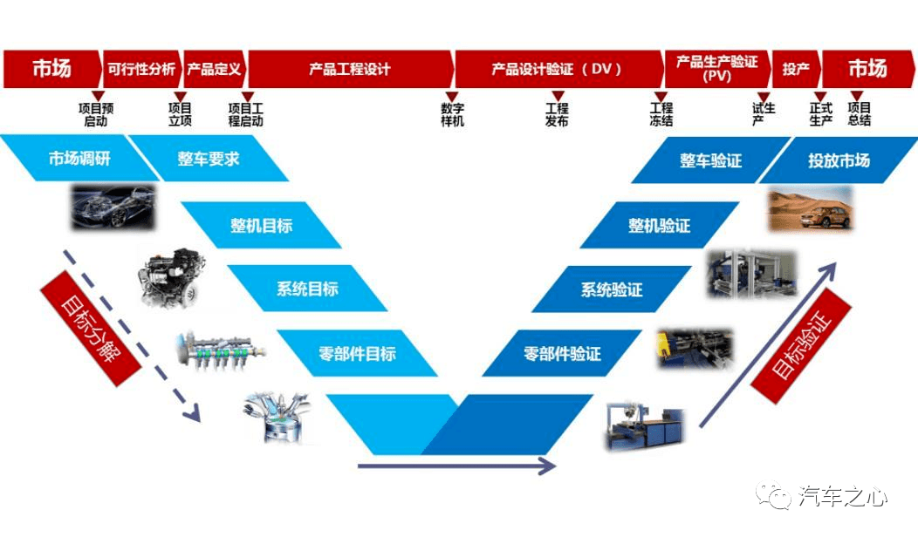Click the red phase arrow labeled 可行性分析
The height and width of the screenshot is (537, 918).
[x=142, y=69]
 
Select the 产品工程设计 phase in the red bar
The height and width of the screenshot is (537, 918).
[x=350, y=69]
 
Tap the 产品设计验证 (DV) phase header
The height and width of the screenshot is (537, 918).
[x=558, y=69]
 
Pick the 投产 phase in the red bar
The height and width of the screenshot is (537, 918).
[x=796, y=69]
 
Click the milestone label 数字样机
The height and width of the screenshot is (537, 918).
[x=452, y=115]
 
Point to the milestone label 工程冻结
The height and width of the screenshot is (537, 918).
[x=661, y=115]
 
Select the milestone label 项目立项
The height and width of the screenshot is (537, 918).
[x=180, y=115]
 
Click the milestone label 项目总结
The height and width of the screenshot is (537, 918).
[x=859, y=115]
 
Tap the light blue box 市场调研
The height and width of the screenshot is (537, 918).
[x=79, y=158]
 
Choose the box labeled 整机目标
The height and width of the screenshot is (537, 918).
[x=261, y=225]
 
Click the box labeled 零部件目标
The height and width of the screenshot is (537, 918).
[x=357, y=353]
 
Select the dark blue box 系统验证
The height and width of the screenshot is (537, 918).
[x=612, y=289]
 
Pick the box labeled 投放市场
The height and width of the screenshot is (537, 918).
[x=839, y=160]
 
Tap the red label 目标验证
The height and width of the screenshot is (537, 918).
[x=800, y=346]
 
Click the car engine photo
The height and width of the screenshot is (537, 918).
[x=173, y=278]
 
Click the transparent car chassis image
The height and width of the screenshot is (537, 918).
[x=113, y=207]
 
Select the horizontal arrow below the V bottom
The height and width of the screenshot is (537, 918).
[x=456, y=466]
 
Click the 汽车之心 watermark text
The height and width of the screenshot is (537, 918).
[x=842, y=497]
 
